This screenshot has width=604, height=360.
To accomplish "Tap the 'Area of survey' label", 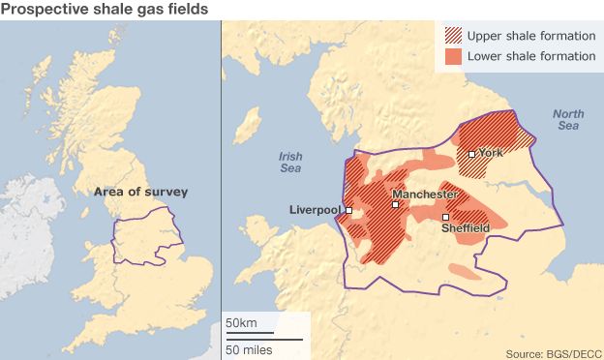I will click(140, 192).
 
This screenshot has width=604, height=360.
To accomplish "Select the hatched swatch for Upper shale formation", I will click(453, 37).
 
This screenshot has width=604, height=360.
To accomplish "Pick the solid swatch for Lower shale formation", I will click(453, 57).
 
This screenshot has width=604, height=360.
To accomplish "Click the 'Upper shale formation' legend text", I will click(530, 37).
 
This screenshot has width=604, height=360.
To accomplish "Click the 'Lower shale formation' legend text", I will click(530, 57).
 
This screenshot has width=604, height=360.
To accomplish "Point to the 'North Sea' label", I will click(568, 120).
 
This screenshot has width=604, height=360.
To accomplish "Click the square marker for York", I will click(471, 154).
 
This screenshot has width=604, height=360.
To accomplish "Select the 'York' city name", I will click(492, 153).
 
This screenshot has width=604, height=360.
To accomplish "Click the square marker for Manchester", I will click(395, 204).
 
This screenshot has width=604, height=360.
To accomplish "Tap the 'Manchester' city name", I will click(425, 195).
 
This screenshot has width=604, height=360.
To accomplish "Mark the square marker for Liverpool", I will click(348, 210).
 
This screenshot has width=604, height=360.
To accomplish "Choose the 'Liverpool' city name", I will click(316, 210).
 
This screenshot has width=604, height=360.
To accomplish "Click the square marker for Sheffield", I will click(445, 217).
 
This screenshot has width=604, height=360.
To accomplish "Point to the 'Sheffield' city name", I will click(465, 228).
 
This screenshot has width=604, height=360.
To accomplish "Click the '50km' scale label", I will click(240, 322).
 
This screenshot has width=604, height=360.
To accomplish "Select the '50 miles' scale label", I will click(249, 348).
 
